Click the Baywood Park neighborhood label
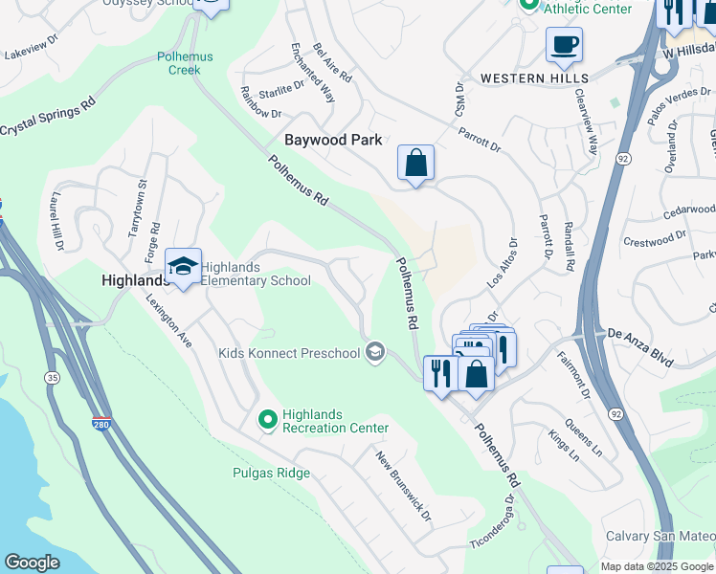pos(333,140)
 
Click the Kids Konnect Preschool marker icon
pos(374,353)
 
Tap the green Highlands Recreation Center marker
pos(268,419)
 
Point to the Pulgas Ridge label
pos(271,473)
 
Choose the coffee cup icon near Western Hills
pos(564,44)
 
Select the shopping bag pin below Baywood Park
pos(416,164)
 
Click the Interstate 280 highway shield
pos(101,423)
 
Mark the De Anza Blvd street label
pos(641,335)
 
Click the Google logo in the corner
pos(32,563)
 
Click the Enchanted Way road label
pos(313,73)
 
